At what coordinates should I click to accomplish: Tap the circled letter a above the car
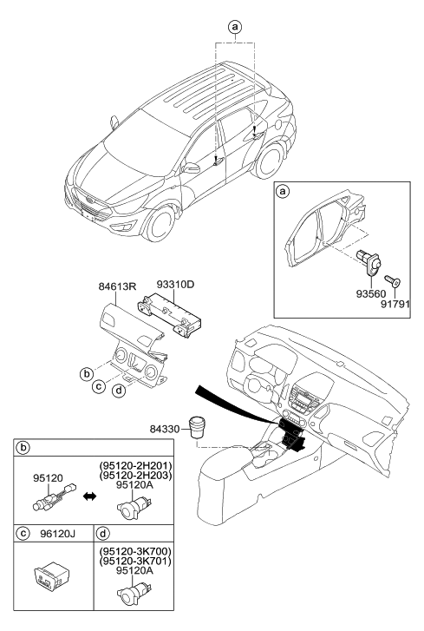(233, 27)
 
